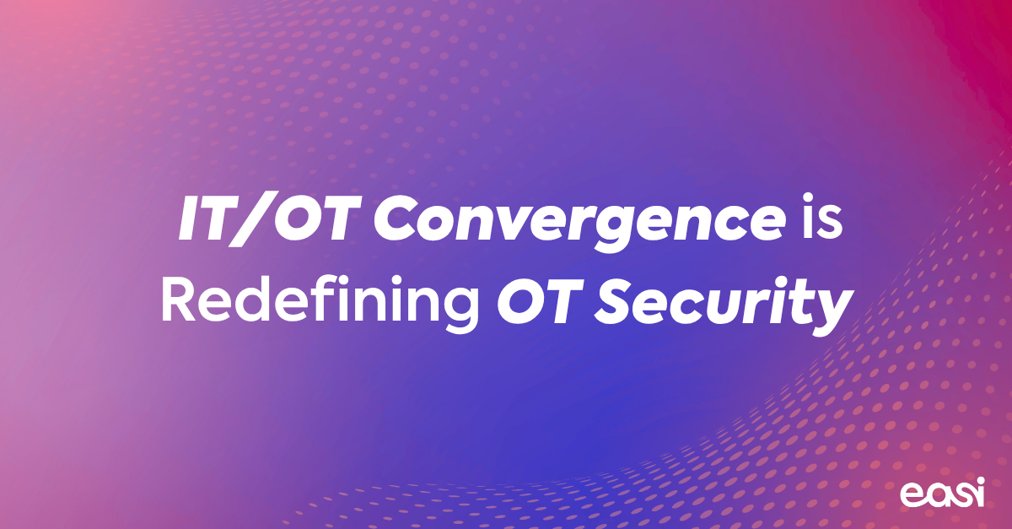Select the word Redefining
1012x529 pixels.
click(320, 301)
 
